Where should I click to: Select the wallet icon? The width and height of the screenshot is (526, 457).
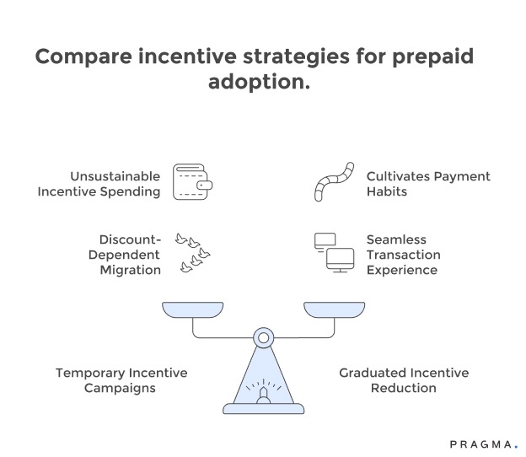(x=192, y=181)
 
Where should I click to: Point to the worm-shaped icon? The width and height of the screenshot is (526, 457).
(x=333, y=181)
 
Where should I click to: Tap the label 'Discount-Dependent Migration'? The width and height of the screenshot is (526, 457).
(x=130, y=255)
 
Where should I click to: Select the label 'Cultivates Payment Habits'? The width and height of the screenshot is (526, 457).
(x=428, y=184)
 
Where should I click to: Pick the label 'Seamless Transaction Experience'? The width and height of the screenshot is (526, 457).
(x=403, y=255)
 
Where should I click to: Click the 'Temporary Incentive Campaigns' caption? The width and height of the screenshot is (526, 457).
(x=121, y=380)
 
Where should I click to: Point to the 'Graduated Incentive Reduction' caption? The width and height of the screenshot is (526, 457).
(x=403, y=380)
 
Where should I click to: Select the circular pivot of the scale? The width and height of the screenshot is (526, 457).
(x=263, y=338)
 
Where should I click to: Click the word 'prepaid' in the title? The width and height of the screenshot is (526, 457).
(x=427, y=58)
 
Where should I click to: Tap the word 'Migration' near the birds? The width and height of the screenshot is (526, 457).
(x=130, y=270)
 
